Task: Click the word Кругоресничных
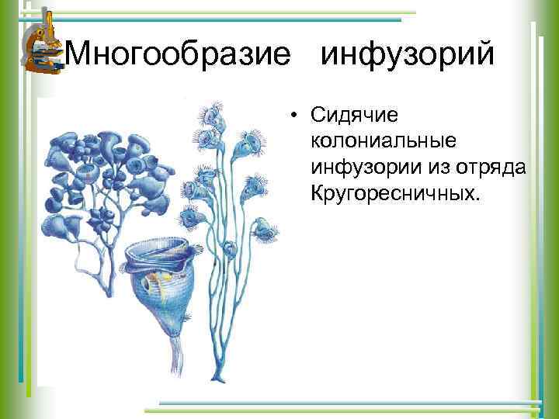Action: point(395,190)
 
